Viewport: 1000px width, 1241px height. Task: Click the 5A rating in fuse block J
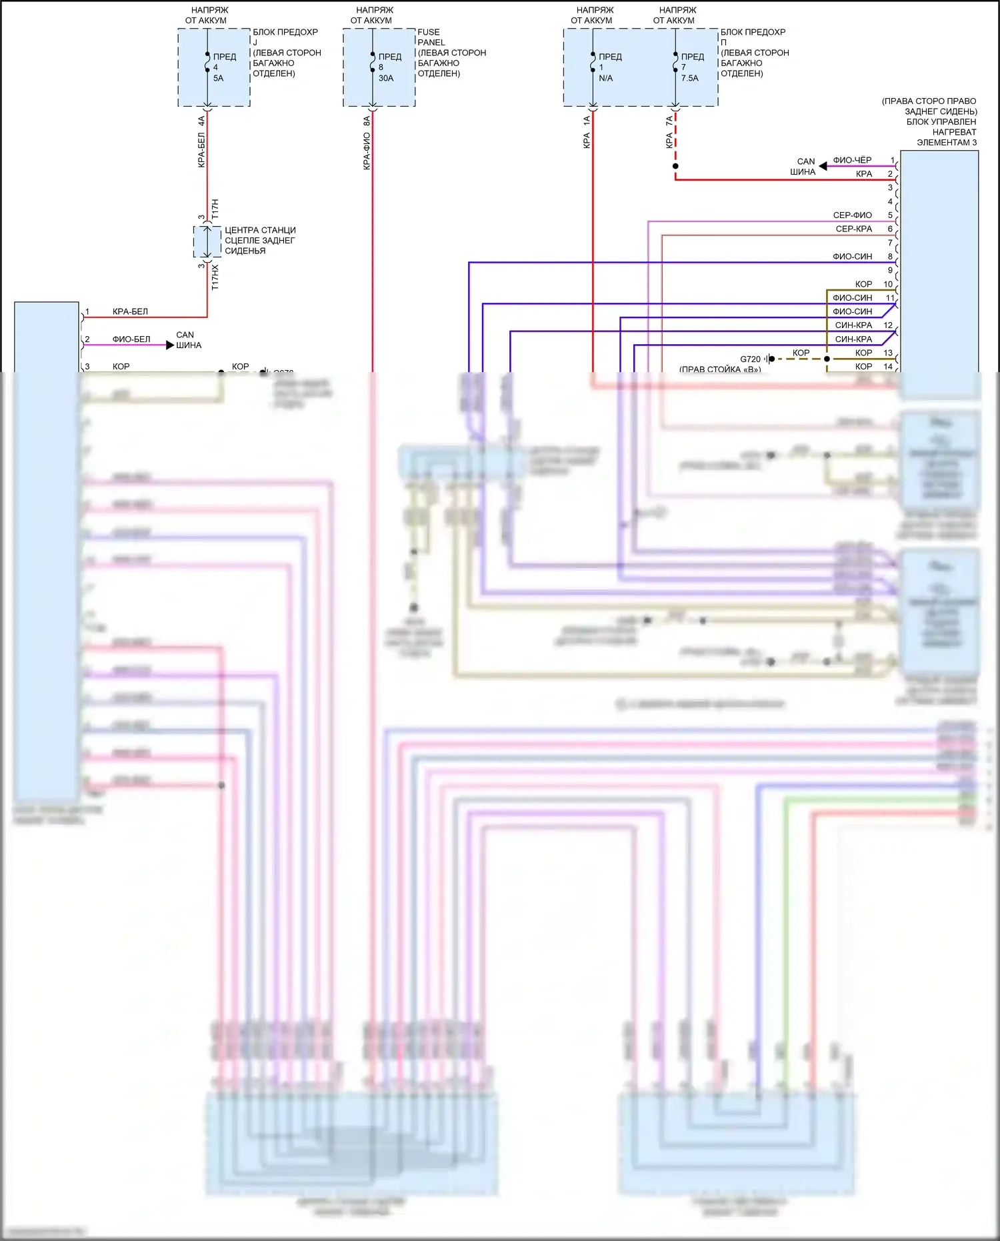(219, 78)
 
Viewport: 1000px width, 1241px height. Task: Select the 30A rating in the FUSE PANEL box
(386, 78)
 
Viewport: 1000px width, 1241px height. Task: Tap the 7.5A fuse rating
(690, 78)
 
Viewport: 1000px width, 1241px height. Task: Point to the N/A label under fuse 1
(605, 78)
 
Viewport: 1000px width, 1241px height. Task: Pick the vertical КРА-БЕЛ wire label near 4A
(201, 150)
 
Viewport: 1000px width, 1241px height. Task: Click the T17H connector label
(215, 209)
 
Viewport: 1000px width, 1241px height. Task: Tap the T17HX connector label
(215, 277)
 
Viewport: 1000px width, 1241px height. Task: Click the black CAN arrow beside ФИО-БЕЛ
(170, 345)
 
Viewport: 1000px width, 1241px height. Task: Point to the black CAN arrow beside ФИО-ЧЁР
(823, 165)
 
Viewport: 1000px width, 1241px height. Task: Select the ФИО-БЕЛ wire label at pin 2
(131, 339)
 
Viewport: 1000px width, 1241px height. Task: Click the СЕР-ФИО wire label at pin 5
(852, 215)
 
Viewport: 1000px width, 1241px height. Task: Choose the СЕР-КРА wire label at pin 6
(853, 229)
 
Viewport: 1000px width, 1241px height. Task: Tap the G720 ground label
(750, 359)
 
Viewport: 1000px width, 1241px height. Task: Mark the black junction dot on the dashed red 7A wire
(675, 166)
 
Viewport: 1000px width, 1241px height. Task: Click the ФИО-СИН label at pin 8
(852, 257)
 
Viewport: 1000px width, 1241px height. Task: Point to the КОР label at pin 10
(863, 284)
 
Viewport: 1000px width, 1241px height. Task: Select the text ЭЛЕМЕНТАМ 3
(946, 143)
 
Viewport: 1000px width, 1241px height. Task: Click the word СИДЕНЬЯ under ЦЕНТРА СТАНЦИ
(245, 251)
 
